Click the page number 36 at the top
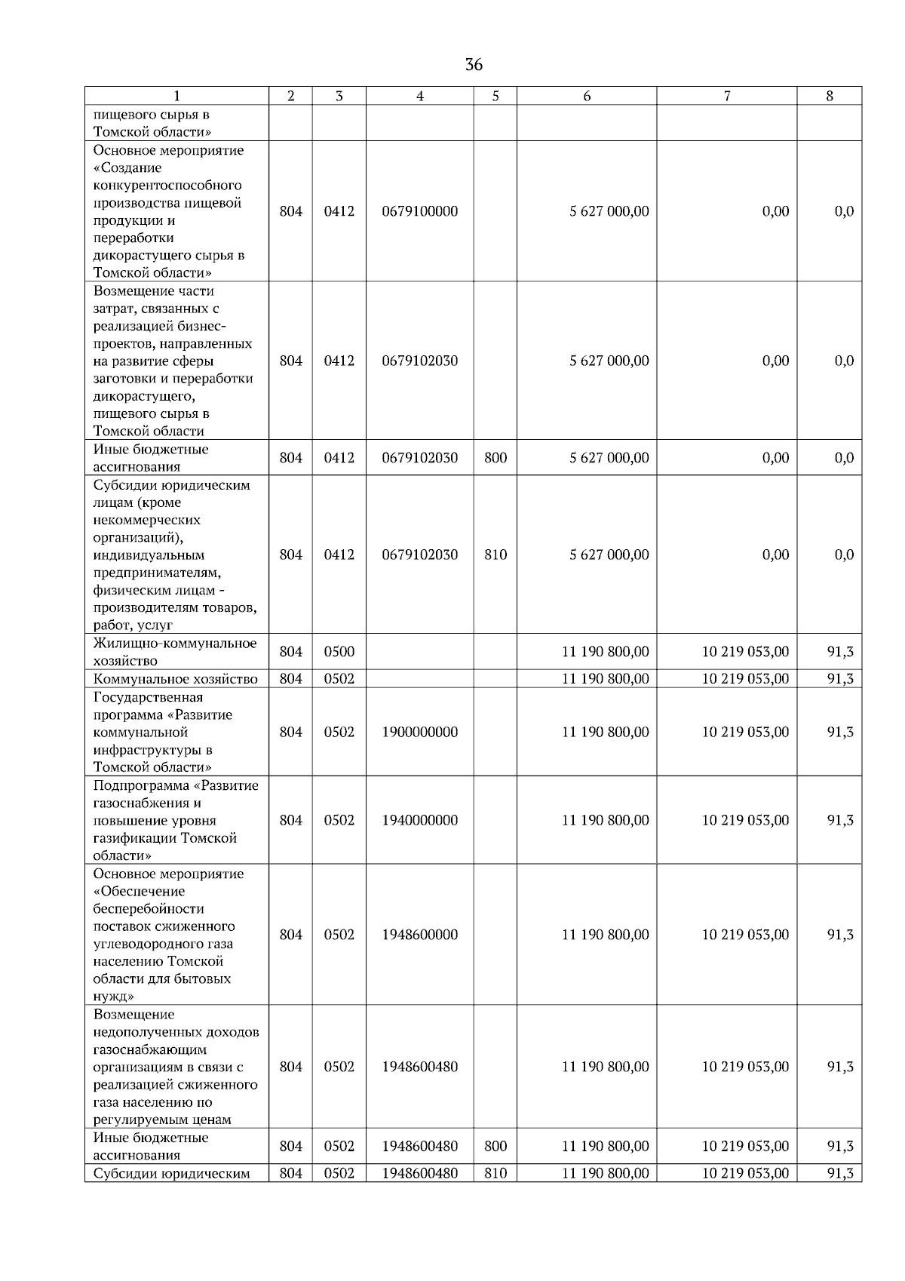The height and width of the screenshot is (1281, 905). (x=474, y=65)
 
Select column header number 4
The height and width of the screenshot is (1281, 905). (x=419, y=96)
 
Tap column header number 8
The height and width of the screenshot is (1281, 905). (x=829, y=96)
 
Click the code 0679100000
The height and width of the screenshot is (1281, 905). (x=419, y=211)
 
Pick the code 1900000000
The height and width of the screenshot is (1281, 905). (x=419, y=732)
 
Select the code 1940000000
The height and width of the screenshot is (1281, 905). (x=419, y=820)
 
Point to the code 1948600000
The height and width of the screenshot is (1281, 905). (x=419, y=934)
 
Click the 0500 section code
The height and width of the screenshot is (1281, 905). (x=339, y=652)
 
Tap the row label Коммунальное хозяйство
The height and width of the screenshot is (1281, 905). (x=175, y=679)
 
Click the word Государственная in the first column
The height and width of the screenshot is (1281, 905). (x=148, y=697)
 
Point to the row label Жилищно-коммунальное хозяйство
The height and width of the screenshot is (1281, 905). (x=175, y=652)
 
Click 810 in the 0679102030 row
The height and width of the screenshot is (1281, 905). (x=495, y=554)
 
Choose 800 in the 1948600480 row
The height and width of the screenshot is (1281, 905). (x=495, y=1146)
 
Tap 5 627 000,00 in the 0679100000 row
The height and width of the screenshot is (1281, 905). (x=609, y=211)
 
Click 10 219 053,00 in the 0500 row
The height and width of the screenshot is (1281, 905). (x=745, y=652)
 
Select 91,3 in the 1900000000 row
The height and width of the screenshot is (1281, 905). (x=840, y=732)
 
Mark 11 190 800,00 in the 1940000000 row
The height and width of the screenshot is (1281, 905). (x=605, y=820)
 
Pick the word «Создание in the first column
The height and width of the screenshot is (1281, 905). (x=127, y=167)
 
